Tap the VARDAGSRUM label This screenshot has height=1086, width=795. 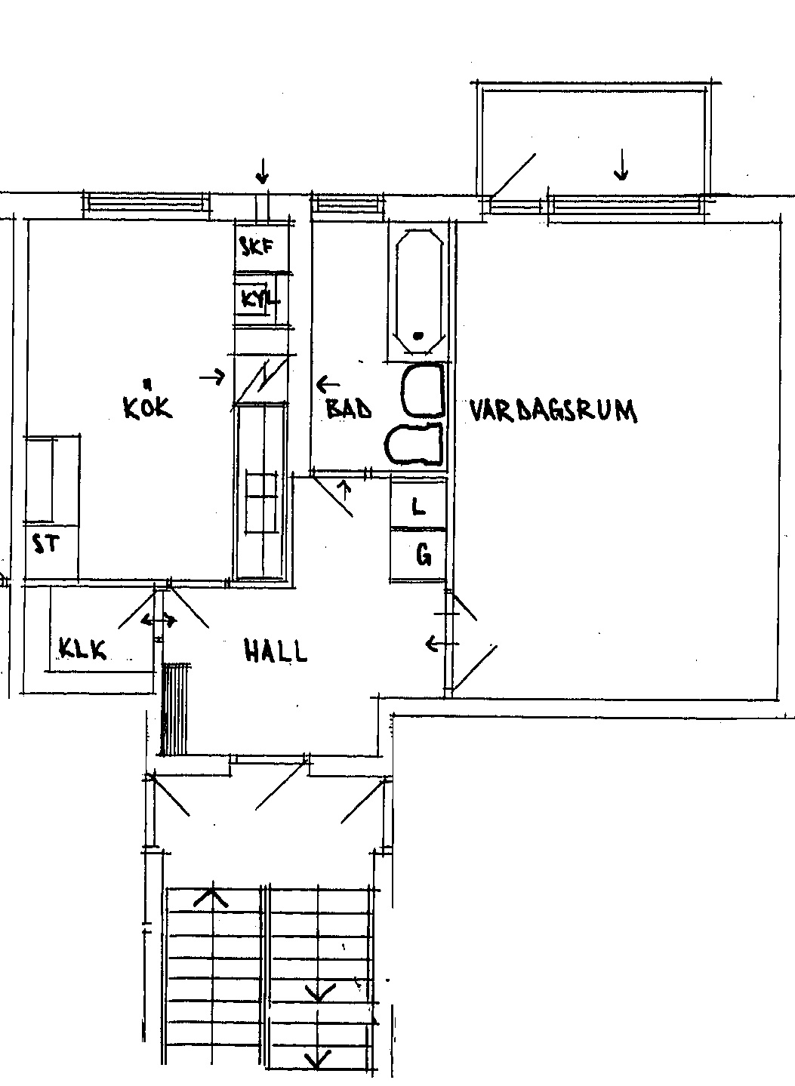553,411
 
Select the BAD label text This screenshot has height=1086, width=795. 349,408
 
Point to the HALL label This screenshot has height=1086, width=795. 276,651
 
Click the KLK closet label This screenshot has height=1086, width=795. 82,649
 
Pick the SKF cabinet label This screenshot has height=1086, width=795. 257,248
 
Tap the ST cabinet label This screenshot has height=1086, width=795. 45,544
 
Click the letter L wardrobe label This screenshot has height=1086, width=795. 418,507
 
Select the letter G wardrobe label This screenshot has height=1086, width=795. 424,555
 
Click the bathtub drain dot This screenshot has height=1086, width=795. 418,335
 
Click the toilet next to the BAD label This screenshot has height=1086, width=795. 414,445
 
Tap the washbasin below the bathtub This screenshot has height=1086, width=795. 424,391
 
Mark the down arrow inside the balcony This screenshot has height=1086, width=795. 621,164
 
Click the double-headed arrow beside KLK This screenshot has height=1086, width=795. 159,620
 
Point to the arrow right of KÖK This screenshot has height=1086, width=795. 212,375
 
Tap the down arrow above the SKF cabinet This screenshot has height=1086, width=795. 263,171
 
